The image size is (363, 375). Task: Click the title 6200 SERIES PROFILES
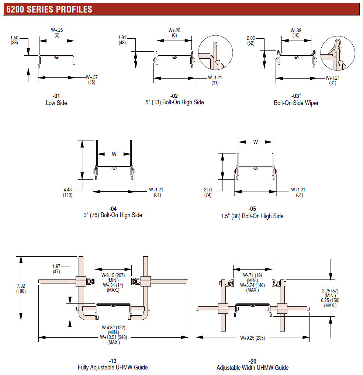tap(49, 9)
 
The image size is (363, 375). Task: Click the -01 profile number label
tap(56, 96)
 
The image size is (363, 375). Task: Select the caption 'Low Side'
tap(56, 103)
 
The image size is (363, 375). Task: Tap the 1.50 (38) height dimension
tap(14, 40)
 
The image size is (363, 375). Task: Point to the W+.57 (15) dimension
tap(91, 80)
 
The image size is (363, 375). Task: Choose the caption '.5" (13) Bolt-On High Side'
tap(174, 102)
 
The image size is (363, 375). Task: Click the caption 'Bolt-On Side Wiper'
tap(296, 103)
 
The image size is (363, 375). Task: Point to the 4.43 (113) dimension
tap(68, 192)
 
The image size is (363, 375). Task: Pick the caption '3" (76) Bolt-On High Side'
tap(113, 215)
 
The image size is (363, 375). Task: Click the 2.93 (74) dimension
tap(208, 192)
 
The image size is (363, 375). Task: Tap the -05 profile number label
tap(252, 209)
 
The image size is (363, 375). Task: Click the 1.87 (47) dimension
tap(56, 269)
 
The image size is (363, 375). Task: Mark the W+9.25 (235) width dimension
tap(252, 338)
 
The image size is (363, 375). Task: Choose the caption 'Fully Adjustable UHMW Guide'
tap(113, 367)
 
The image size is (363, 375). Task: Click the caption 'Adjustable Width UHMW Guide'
tap(252, 368)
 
